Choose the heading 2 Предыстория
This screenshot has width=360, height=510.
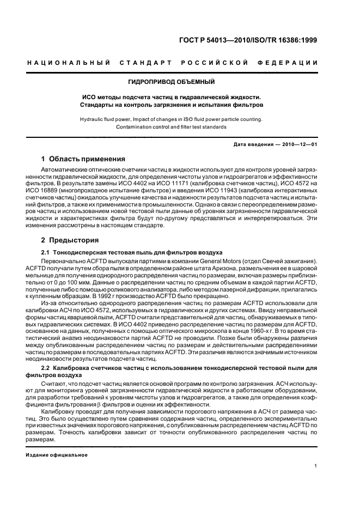pyautogui.click(x=70, y=240)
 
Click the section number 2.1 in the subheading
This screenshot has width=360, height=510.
pyautogui.click(x=47, y=252)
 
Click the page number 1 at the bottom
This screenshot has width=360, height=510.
pyautogui.click(x=316, y=466)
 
